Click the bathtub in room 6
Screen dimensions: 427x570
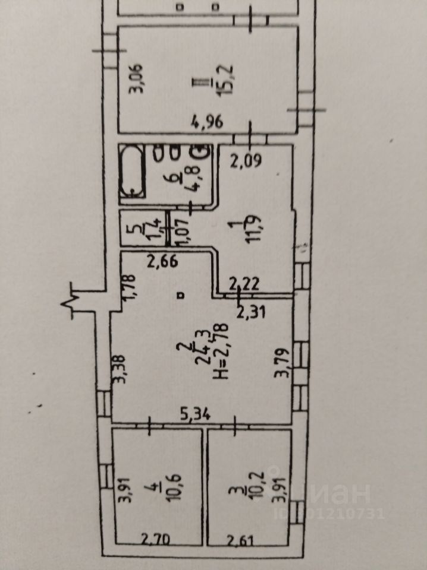pos(131,172)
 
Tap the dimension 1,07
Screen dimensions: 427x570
pos(176,230)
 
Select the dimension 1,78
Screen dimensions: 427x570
pos(133,286)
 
